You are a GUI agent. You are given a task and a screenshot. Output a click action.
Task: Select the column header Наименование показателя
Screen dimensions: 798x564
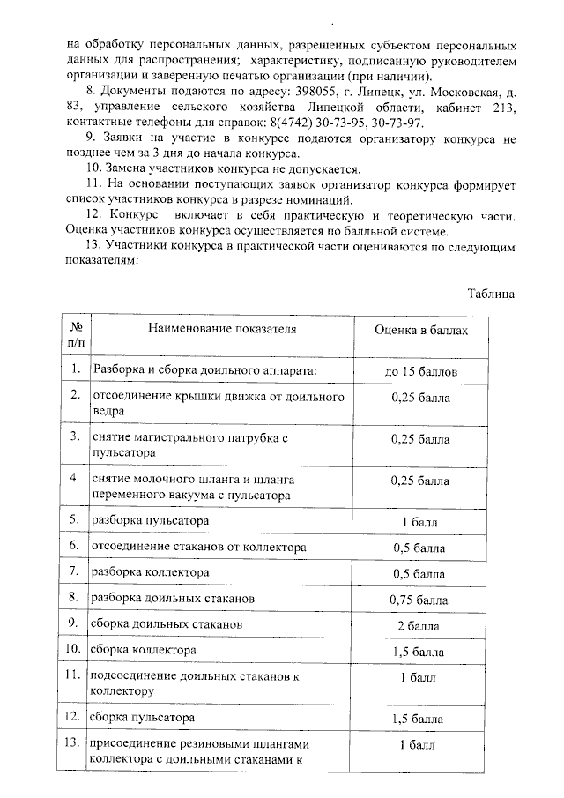222,329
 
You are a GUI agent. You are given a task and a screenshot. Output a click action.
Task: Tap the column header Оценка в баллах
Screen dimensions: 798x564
420,329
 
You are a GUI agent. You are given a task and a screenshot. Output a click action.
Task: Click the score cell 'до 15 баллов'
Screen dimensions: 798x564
420,371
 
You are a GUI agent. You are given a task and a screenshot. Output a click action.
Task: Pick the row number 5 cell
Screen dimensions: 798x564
75,521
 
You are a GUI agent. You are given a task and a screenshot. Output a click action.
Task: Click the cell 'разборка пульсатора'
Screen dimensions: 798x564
145,521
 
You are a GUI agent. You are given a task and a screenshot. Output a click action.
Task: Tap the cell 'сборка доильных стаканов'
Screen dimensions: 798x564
167,624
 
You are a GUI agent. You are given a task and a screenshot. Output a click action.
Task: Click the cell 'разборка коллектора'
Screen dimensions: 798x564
148,572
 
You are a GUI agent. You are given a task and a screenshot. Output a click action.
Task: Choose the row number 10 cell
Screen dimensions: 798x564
75,651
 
